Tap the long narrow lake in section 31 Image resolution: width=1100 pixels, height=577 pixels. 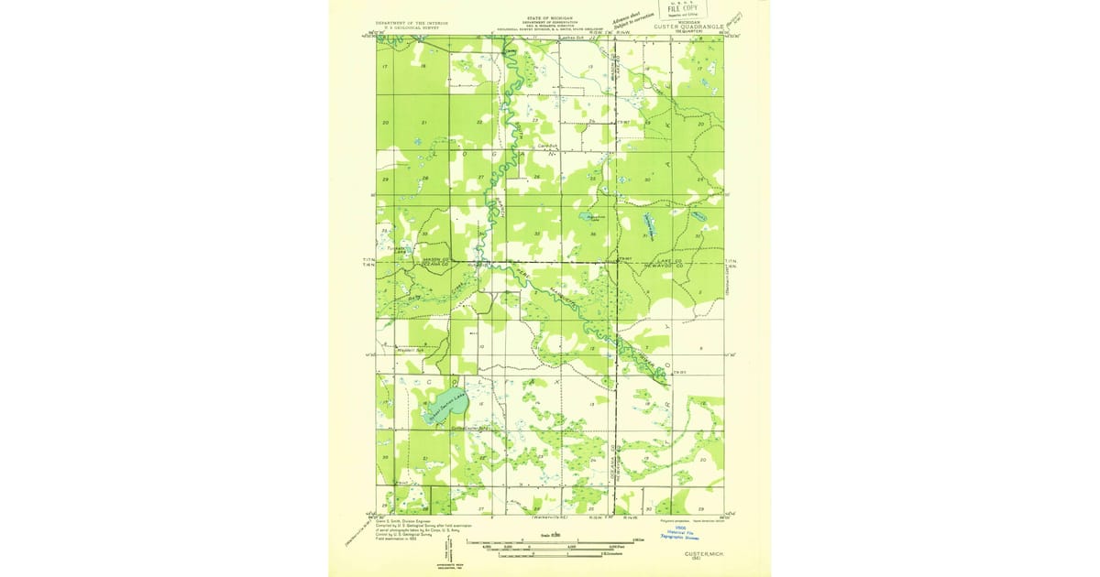[650, 225]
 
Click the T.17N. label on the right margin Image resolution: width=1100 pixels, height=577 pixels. [731, 260]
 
